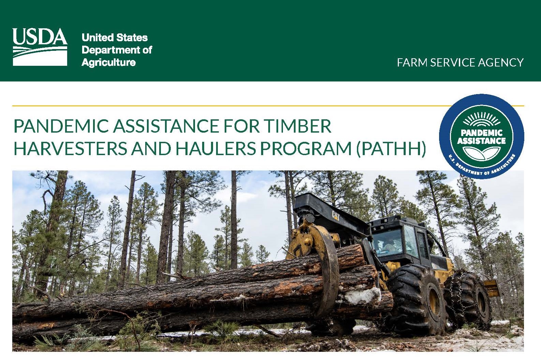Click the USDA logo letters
point(40,37)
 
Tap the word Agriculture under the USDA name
point(108,62)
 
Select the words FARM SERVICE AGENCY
point(460,62)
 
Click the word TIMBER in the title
point(298,126)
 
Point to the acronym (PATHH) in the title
point(391,148)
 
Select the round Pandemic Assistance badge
point(481,136)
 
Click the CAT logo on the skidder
point(336,214)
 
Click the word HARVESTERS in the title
point(70,148)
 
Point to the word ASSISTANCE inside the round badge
point(481,141)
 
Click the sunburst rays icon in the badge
point(481,120)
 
